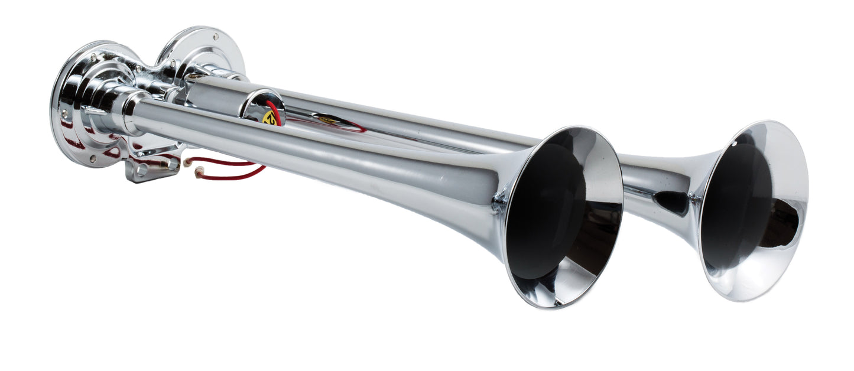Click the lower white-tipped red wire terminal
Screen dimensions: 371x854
pos(199,173)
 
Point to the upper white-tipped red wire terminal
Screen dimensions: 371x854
pos(187,161)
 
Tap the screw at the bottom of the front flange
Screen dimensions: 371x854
pos(93,158)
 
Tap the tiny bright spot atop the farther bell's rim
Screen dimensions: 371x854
pos(736,142)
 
